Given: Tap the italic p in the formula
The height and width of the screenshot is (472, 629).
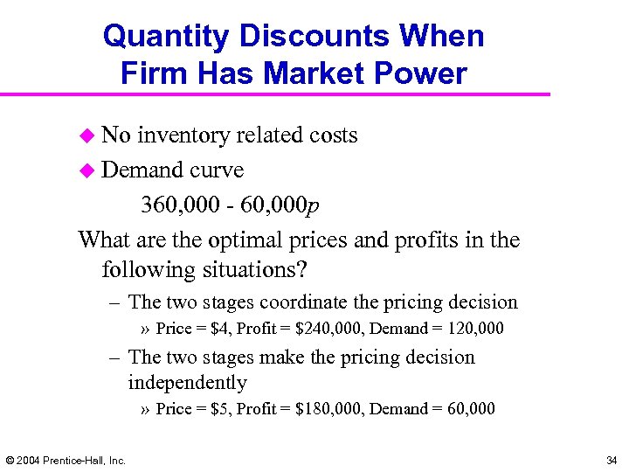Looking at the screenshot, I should pyautogui.click(x=314, y=207).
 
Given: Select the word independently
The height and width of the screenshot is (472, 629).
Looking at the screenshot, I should pyautogui.click(x=187, y=383).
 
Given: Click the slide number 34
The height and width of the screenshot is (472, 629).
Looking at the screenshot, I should pyautogui.click(x=611, y=460).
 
